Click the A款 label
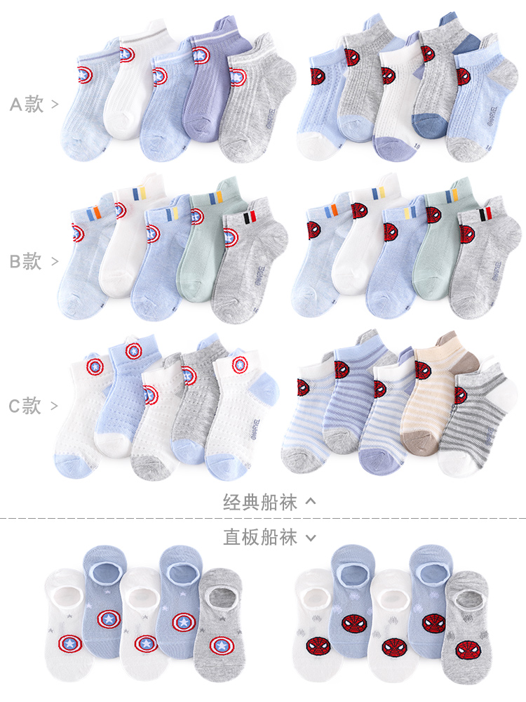coord(27,105)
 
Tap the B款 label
coord(27,262)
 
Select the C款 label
coord(27,406)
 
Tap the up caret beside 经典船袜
coord(311,501)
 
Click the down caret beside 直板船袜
coord(311,538)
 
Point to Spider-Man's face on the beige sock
coord(423,371)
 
